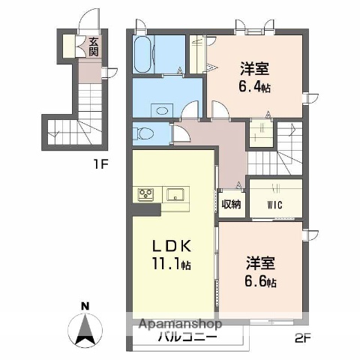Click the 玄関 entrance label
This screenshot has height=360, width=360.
[94, 47]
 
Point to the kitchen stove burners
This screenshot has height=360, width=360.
[145, 195]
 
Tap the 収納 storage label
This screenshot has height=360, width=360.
[231, 204]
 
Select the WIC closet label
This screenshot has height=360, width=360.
[274, 203]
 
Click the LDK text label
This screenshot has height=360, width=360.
[173, 246]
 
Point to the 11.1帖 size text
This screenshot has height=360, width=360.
[173, 265]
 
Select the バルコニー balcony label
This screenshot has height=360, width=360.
[184, 337]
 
